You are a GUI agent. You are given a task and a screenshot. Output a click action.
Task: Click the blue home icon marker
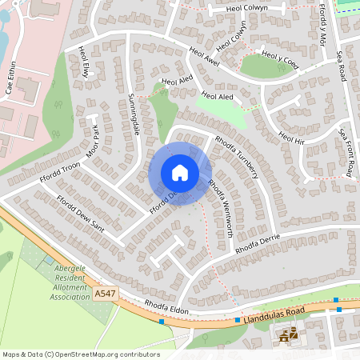click(x=180, y=173)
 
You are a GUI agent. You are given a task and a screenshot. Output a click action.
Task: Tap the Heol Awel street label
click(x=204, y=57)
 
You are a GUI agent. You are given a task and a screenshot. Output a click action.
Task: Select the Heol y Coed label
click(x=280, y=58)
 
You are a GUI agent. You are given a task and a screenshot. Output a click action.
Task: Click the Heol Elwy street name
click(x=86, y=62)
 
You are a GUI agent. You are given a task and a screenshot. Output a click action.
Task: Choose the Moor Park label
click(x=94, y=141)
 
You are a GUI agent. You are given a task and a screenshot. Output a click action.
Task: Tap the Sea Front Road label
click(x=346, y=152)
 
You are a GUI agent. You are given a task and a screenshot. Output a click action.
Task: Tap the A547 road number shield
click(x=104, y=294)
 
